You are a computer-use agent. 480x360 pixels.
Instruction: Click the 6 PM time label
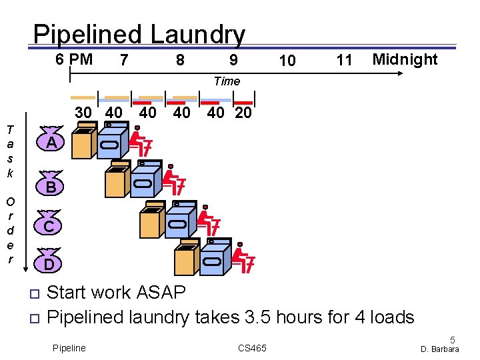(74, 59)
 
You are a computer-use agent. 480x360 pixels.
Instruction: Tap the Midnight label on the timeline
(405, 59)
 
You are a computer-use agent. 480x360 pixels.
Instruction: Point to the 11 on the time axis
(344, 61)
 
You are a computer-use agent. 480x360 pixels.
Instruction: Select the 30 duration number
(83, 113)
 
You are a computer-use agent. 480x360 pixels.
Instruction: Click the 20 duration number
(243, 113)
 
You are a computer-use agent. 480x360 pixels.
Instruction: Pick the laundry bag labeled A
(51, 142)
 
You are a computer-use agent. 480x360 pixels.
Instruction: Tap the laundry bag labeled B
(51, 187)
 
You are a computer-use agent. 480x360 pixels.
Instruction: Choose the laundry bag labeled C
(49, 227)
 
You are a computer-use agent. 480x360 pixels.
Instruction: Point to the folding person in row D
(243, 260)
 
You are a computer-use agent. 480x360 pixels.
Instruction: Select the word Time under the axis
(227, 81)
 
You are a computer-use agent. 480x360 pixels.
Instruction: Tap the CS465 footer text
(252, 348)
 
